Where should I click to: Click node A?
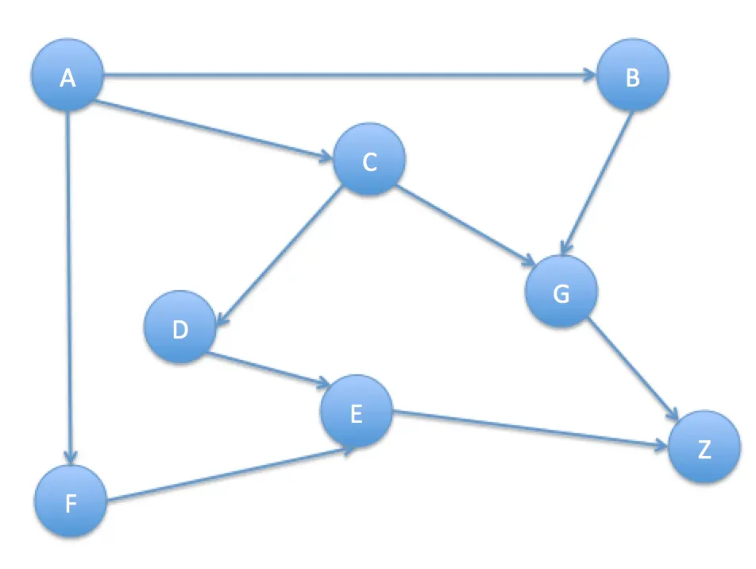tap(67, 77)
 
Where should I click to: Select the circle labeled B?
tap(633, 77)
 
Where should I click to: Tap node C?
tap(369, 161)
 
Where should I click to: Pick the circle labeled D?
tap(180, 328)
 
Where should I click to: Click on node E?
tap(356, 412)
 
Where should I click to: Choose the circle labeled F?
tap(71, 502)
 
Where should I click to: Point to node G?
tap(561, 292)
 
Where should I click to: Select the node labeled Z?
tap(704, 449)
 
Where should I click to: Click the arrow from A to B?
tap(349, 76)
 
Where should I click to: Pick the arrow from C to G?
tap(465, 225)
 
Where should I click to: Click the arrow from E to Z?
tap(529, 431)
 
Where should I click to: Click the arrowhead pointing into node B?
tap(588, 75)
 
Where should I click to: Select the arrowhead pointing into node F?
tap(71, 456)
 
